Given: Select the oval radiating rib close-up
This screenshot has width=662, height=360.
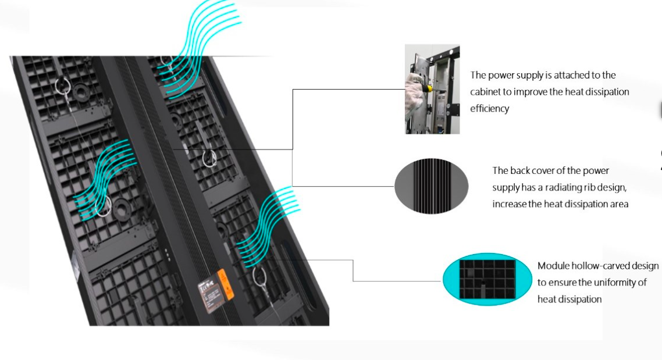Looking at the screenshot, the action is (x=431, y=186).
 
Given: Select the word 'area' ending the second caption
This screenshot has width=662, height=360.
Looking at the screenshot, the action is (x=619, y=204).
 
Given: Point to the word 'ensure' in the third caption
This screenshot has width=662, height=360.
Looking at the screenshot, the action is (x=561, y=283).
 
